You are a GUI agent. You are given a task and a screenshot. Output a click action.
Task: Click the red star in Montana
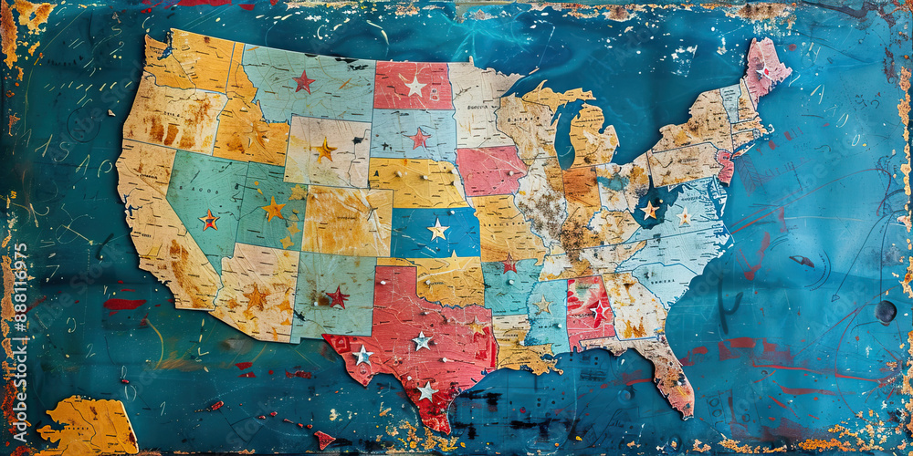tap(304, 82)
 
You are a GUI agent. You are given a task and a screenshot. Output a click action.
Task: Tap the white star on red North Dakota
tap(415, 86)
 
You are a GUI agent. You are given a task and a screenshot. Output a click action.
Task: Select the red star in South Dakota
tap(419, 139)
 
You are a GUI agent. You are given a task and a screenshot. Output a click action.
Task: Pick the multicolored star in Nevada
tap(209, 220)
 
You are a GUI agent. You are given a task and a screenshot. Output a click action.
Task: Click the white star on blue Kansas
tap(438, 229)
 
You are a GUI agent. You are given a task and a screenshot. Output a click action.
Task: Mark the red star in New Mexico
tap(338, 296)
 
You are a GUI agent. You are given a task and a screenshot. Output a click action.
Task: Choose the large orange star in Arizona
tap(257, 296)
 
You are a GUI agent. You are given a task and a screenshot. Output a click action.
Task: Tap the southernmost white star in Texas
tap(426, 390)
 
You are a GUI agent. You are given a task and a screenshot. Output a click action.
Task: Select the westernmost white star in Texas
tap(362, 355)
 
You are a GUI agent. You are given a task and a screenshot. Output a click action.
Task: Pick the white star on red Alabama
tap(598, 312)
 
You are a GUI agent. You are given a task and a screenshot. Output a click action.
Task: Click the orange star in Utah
tap(273, 210)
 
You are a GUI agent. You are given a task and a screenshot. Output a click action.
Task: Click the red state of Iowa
tap(490, 171)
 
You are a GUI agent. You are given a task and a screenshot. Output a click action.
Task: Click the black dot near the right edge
tap(886, 312)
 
